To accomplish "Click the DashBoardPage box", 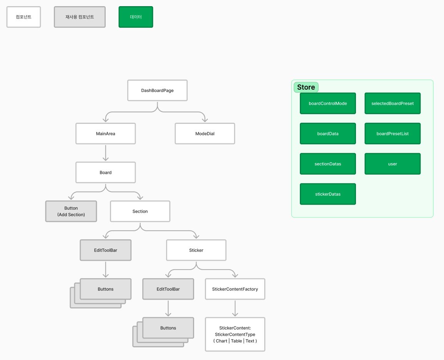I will [157, 90].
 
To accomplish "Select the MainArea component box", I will [106, 133].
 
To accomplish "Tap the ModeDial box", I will [205, 133].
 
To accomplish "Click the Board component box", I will [106, 172].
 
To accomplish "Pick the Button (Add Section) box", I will [71, 211].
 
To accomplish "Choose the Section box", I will [140, 211].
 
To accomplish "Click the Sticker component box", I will [196, 250].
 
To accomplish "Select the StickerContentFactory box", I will [235, 289].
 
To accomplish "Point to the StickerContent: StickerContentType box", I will [235, 334].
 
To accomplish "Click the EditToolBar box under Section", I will [106, 250].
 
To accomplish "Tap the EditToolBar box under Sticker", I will [168, 289].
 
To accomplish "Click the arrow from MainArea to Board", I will [106, 153].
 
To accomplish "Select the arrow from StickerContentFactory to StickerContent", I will [235, 308].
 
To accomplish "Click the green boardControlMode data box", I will [328, 103].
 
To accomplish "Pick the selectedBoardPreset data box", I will [392, 103].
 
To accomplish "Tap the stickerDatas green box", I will [328, 194].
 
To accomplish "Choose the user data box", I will [392, 164].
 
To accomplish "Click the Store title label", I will [306, 87].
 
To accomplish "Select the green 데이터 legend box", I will [136, 17].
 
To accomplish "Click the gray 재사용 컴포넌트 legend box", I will [80, 17].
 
